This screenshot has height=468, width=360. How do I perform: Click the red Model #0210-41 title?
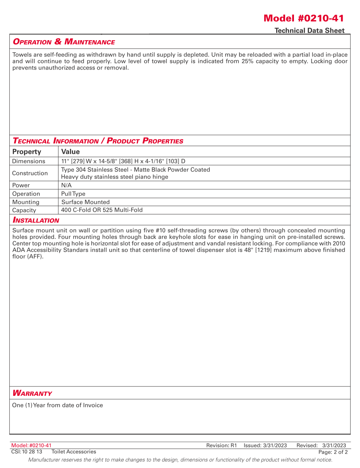click(x=304, y=18)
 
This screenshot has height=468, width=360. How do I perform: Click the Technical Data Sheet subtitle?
click(x=309, y=31)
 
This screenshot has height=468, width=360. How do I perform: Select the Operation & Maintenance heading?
click(x=64, y=42)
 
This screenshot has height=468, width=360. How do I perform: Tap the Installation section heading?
click(x=36, y=220)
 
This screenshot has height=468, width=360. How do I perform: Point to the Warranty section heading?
click(x=32, y=393)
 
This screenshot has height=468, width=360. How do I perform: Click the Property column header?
click(x=27, y=151)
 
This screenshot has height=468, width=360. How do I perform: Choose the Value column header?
click(x=70, y=151)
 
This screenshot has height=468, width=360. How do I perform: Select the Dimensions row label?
click(x=29, y=161)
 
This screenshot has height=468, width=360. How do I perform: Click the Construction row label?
click(x=30, y=173)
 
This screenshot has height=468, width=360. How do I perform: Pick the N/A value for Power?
click(x=66, y=185)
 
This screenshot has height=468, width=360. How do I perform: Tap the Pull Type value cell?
click(x=73, y=194)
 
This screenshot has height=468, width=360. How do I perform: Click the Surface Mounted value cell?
click(x=85, y=202)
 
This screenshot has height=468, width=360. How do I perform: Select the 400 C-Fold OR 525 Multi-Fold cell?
click(x=102, y=210)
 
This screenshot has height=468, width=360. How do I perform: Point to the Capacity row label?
click(x=24, y=210)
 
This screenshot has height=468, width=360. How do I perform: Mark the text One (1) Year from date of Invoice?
click(x=58, y=405)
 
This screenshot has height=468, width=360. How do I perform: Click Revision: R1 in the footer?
click(x=221, y=446)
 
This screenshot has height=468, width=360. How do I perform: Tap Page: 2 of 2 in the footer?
click(x=333, y=452)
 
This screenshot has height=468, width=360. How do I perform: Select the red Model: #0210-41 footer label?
click(x=31, y=446)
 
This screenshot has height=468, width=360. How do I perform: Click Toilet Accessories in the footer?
click(x=74, y=452)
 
